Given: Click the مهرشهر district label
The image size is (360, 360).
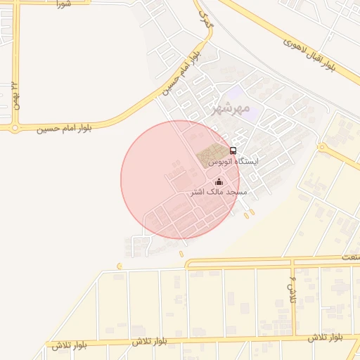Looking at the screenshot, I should pos(231,108).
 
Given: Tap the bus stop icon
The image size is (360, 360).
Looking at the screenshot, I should pos(233,150).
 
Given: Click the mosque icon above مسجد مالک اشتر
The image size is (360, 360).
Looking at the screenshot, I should pos(218,181).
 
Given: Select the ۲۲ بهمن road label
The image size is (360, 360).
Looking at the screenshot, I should pos(14,97).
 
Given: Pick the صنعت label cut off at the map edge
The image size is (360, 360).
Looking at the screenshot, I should pos(350,257).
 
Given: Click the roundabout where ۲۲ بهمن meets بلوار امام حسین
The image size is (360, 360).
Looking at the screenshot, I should pos(15,128).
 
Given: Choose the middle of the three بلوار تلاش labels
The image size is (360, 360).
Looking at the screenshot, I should pos(150,341).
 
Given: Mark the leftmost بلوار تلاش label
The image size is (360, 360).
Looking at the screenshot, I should pos(69,345).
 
